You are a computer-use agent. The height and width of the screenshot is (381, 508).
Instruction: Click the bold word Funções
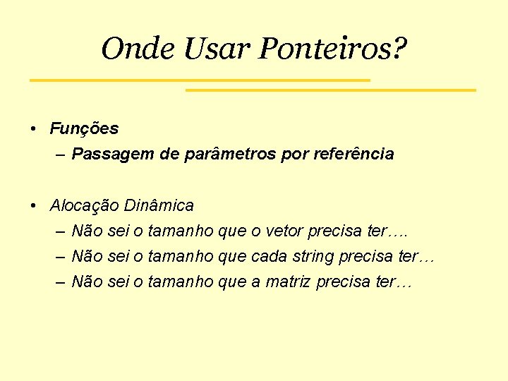(x=84, y=129)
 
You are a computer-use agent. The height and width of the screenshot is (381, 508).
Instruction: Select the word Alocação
(x=84, y=206)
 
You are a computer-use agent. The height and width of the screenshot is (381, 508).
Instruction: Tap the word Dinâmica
(x=159, y=206)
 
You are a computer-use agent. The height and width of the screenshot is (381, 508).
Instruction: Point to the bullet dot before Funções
(x=34, y=130)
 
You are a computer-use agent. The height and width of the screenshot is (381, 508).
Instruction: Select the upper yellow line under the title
(x=200, y=80)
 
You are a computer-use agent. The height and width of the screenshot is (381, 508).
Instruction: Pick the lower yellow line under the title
(x=330, y=90)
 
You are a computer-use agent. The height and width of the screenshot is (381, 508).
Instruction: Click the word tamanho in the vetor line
(x=180, y=231)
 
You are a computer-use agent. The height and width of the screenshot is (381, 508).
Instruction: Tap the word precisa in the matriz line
(x=343, y=282)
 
